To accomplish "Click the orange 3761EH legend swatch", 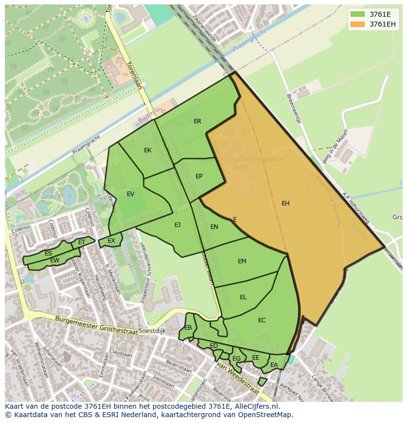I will pyautogui.click(x=358, y=24).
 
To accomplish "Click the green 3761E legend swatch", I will pyautogui.click(x=358, y=14).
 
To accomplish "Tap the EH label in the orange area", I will pyautogui.click(x=286, y=203).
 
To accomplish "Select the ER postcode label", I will pyautogui.click(x=198, y=121).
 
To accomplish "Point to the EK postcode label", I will pyautogui.click(x=148, y=150).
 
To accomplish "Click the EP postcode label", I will pyautogui.click(x=199, y=176).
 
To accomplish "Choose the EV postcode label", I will pyautogui.click(x=130, y=194).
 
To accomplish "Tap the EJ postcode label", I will pyautogui.click(x=177, y=225).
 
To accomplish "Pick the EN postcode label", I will pyautogui.click(x=214, y=227).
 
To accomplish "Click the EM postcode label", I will pyautogui.click(x=242, y=261).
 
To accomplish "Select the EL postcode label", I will pyautogui.click(x=243, y=297).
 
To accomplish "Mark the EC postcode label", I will pyautogui.click(x=262, y=320).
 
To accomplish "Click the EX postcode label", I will pyautogui.click(x=112, y=241).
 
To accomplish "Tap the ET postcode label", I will pyautogui.click(x=82, y=242).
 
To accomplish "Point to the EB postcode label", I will pyautogui.click(x=188, y=328).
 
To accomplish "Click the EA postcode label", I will pyautogui.click(x=274, y=365).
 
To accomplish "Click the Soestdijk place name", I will pyautogui.click(x=152, y=331).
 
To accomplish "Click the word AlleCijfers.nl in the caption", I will pyautogui.click(x=255, y=406).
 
